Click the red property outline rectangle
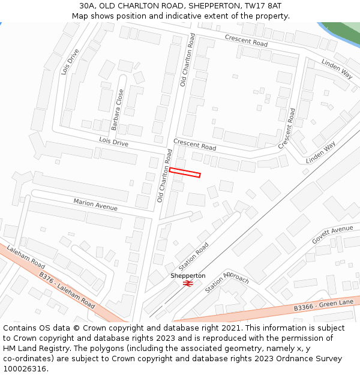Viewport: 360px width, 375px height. [x=184, y=173]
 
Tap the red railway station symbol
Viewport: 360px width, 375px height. [x=187, y=283]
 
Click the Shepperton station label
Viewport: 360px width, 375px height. [x=188, y=275]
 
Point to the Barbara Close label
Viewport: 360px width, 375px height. [x=118, y=110]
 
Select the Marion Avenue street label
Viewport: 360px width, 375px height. [x=95, y=205]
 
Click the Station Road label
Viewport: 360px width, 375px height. [x=194, y=257]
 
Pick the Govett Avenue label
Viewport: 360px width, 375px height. [x=332, y=234]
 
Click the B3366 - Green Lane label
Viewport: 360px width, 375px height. [x=323, y=305]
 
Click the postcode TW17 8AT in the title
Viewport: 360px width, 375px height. [x=263, y=5]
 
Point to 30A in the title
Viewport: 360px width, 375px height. [x=88, y=5]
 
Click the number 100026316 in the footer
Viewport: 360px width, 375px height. [x=25, y=368]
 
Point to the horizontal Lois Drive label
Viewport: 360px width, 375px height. [x=114, y=142]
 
